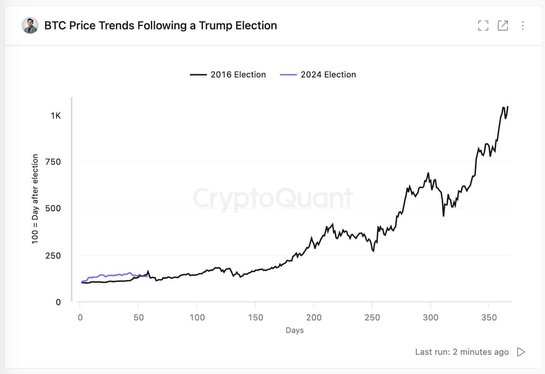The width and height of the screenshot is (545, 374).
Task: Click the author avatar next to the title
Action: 30,25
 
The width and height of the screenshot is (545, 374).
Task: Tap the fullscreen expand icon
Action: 483,26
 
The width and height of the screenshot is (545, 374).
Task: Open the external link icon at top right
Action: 503,26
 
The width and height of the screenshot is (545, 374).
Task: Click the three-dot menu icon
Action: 523,26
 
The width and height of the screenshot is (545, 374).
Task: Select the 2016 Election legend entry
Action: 228,75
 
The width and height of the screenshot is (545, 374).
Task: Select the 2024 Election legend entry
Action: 318,75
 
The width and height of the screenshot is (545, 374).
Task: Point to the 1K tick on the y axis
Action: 56,115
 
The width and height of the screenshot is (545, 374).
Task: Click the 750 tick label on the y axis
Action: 53,162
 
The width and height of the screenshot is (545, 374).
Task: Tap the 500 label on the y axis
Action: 53,208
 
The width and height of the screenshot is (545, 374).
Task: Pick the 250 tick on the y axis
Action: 53,255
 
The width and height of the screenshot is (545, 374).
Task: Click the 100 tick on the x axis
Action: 197,317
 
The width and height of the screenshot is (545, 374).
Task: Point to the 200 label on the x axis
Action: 314,317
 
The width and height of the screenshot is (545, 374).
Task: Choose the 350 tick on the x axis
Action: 489,317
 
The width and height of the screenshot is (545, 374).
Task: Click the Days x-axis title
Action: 294,330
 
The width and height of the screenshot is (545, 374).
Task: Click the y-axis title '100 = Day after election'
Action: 35,199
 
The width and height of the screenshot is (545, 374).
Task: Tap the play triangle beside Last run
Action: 521,352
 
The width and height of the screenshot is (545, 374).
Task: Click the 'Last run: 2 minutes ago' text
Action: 462,352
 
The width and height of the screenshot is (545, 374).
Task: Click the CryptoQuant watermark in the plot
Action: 273,198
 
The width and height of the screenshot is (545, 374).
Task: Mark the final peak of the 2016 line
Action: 508,106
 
